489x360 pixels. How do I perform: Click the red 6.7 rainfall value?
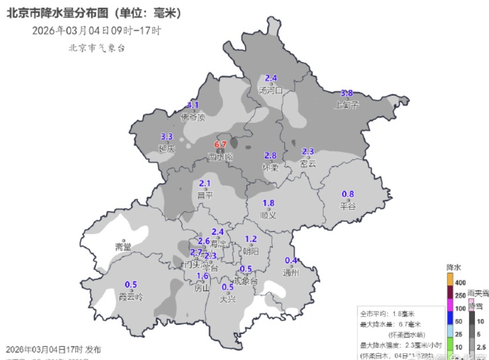[x=221, y=144]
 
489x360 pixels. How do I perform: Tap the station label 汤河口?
[x=271, y=90]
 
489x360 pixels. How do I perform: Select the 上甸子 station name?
[x=347, y=104]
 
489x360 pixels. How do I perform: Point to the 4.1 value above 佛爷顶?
[x=193, y=105]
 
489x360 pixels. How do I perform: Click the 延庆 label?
[x=166, y=148]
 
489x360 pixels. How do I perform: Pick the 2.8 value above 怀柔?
[x=270, y=156]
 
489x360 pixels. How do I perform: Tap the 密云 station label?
[x=308, y=163]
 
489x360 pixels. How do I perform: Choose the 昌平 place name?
[x=205, y=195]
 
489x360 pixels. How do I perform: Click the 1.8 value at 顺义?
[x=268, y=203]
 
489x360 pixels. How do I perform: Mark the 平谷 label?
[x=348, y=206]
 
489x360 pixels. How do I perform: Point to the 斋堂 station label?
[x=123, y=247]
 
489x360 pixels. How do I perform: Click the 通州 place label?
[x=291, y=272]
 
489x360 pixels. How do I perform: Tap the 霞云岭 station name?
[x=131, y=296]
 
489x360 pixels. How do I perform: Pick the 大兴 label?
[x=228, y=297]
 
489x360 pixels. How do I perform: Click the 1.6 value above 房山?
[x=202, y=276]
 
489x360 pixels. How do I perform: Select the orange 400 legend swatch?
[x=450, y=280]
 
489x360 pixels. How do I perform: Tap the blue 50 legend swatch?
[x=450, y=321]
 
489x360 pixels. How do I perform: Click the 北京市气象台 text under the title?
[x=96, y=48]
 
